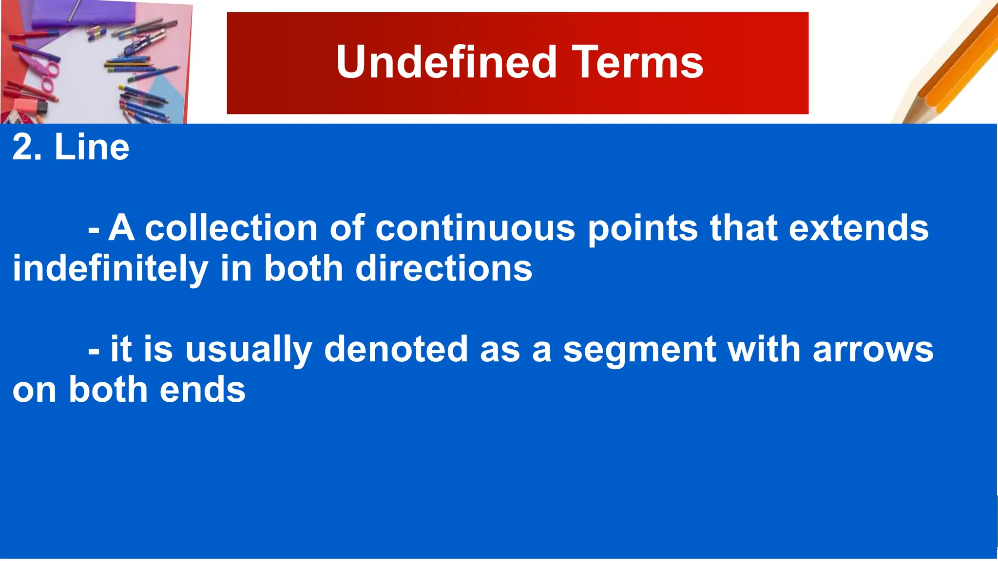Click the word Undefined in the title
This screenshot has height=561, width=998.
point(446,62)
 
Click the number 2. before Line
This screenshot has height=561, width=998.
point(27,147)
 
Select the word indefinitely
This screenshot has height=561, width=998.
point(110,269)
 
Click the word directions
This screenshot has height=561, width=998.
point(444,269)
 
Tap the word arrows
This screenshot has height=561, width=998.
point(873,350)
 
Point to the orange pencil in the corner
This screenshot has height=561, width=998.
point(955,68)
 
